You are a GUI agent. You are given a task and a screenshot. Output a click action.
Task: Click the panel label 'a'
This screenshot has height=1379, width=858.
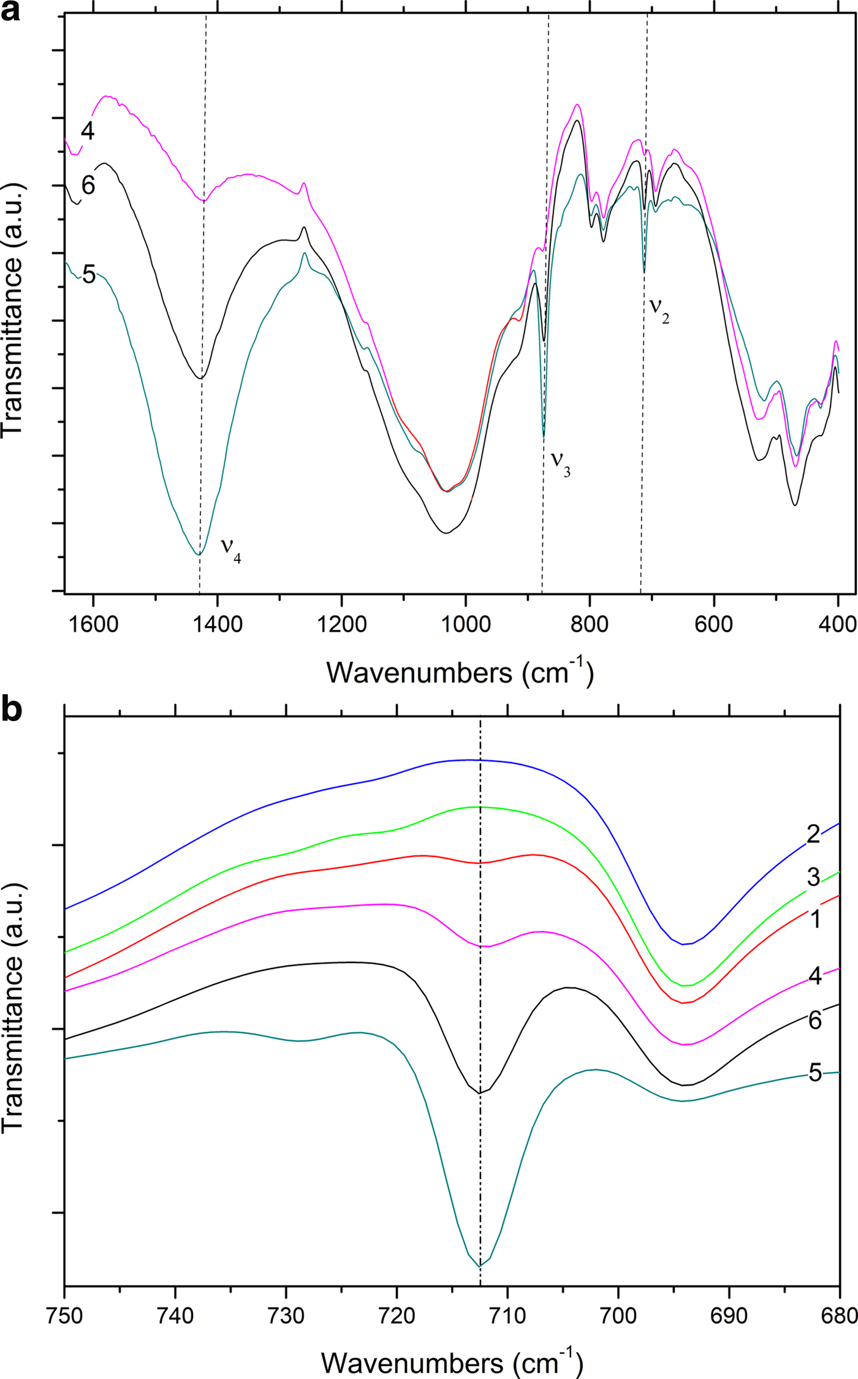point(10,12)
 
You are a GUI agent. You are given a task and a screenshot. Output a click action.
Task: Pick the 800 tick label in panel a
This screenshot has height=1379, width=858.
point(590,624)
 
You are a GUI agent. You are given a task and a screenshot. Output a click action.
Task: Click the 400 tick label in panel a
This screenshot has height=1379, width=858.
point(838,624)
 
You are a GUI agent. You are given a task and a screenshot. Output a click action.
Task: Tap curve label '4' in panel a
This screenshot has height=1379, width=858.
point(88,130)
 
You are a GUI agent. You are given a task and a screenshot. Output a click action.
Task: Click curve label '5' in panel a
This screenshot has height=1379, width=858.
point(89,275)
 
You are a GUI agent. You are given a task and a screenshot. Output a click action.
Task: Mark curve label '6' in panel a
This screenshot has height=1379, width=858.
point(88,185)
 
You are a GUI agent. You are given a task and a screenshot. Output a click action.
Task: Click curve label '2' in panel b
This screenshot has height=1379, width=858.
point(813,834)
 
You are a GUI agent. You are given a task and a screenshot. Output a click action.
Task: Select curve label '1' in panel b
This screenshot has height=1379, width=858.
point(815,920)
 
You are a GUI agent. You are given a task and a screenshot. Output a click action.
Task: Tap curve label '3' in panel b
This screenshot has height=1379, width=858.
point(813,878)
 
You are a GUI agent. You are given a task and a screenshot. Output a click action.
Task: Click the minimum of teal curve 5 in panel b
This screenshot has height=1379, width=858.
point(480,1266)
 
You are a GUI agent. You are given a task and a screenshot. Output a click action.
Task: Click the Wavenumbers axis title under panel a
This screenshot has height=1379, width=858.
point(460,672)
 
